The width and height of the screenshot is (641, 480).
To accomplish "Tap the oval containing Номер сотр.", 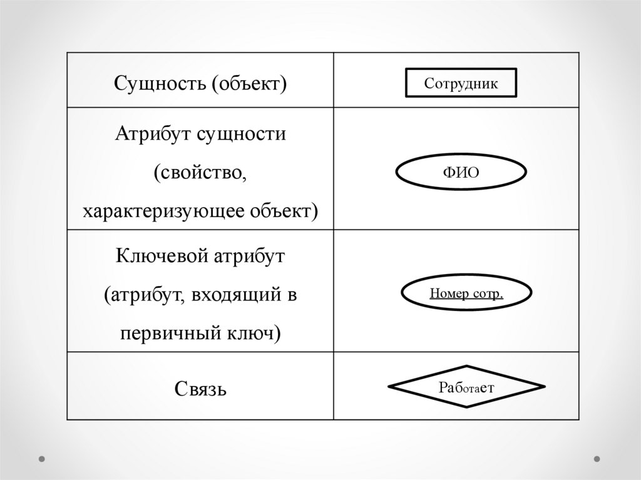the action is click(466, 294).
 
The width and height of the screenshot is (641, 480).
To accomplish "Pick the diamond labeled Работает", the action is click(466, 386).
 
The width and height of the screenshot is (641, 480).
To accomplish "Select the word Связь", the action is click(200, 389).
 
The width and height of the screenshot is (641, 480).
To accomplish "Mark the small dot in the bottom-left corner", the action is click(43, 458).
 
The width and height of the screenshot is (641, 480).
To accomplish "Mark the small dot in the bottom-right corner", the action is click(597, 458).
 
